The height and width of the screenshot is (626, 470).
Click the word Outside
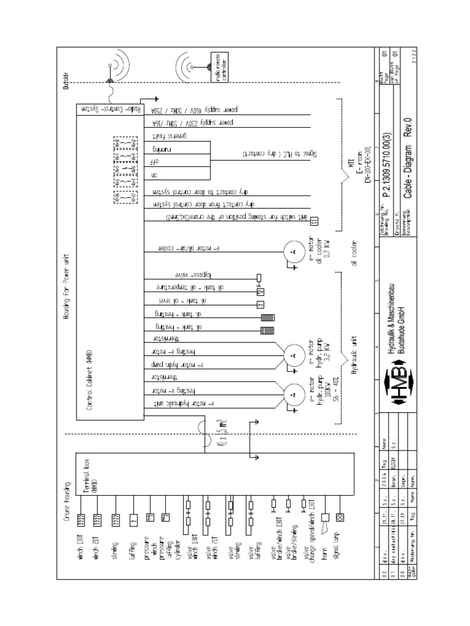pyautogui.click(x=67, y=83)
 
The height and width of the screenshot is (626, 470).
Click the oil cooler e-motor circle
pyautogui.click(x=293, y=251)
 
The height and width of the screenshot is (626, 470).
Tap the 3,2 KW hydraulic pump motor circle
pyautogui.click(x=293, y=353)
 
